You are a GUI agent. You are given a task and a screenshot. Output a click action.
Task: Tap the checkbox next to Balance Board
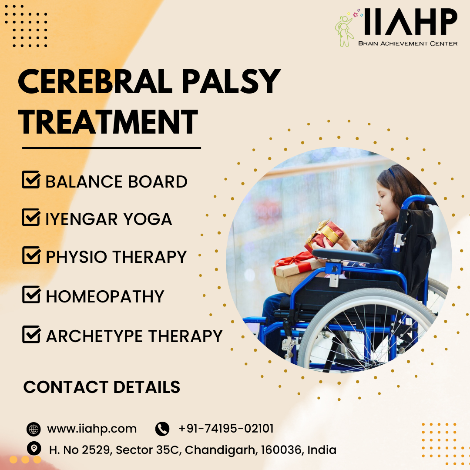click(x=31, y=180)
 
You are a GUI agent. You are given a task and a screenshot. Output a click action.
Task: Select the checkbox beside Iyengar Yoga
click(x=31, y=217)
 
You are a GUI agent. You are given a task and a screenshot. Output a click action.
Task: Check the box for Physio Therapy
click(x=31, y=255)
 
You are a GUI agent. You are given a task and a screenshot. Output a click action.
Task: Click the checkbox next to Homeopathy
click(x=31, y=295)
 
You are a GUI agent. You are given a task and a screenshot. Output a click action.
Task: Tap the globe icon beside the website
click(x=34, y=429)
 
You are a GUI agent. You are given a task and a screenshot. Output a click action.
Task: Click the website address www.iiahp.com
click(x=92, y=429)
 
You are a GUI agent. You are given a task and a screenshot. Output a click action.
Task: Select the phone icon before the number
click(x=162, y=429)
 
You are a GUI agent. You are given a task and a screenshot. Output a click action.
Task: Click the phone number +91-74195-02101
click(x=226, y=429)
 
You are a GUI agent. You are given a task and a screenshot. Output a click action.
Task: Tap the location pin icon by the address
click(x=34, y=448)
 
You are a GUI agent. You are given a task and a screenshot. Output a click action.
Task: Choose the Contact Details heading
click(x=102, y=387)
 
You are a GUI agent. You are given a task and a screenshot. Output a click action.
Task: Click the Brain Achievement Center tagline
click(x=407, y=43)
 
